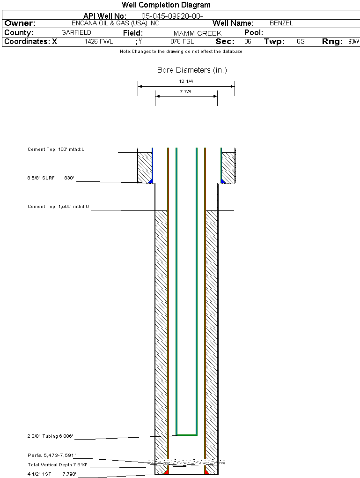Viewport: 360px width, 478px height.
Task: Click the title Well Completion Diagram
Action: click(166, 5)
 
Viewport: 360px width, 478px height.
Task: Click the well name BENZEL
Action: click(281, 23)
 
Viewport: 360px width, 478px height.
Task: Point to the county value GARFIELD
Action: click(76, 33)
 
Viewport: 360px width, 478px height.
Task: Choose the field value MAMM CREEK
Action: click(197, 33)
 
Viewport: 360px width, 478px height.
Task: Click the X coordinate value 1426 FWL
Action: click(99, 42)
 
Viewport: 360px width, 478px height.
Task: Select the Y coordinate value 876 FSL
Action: click(182, 42)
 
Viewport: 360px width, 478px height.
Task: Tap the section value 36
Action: click(248, 42)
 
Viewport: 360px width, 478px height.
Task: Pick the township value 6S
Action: click(301, 42)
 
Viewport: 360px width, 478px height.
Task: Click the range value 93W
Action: click(353, 42)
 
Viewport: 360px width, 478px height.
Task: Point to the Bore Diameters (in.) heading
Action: click(192, 70)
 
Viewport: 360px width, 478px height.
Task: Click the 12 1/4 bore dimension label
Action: click(186, 82)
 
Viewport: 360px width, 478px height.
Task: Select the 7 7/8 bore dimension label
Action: click(186, 92)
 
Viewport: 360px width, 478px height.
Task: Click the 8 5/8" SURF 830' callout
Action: click(51, 178)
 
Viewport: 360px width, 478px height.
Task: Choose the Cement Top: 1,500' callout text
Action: click(58, 206)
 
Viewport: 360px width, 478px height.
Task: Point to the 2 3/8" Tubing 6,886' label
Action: click(50, 436)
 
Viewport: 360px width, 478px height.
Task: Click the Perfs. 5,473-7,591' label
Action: click(51, 455)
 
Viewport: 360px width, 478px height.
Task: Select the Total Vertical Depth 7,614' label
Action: click(57, 464)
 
